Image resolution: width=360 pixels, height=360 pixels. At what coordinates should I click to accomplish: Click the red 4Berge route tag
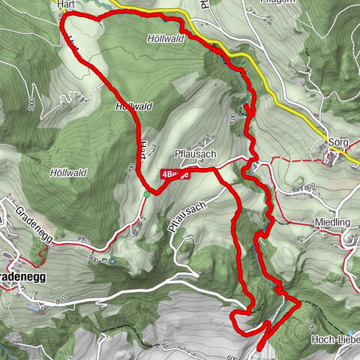tap(174, 173)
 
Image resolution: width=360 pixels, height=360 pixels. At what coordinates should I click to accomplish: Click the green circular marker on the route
tap(147, 194)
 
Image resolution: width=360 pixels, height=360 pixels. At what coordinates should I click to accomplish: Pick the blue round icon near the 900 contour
tap(112, 261)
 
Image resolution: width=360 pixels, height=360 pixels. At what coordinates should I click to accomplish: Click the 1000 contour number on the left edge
tap(30, 103)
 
